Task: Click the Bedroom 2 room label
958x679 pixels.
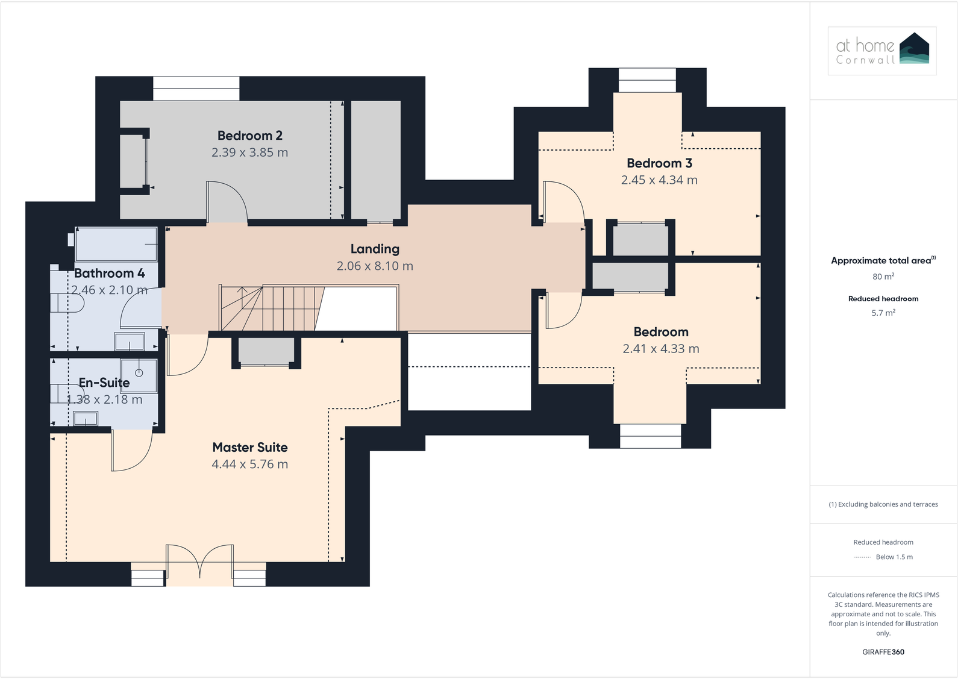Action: (249, 136)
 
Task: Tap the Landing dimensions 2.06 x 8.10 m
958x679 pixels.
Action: (375, 266)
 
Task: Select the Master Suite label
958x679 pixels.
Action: (249, 447)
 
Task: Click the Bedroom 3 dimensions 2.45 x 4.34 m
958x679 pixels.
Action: (659, 180)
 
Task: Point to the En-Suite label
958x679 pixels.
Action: (104, 383)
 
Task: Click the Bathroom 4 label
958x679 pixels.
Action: (109, 273)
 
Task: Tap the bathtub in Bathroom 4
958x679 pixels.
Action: (116, 244)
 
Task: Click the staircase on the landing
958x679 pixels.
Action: (271, 308)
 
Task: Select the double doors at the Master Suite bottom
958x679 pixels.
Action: (199, 563)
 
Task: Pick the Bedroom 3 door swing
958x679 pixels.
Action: (563, 202)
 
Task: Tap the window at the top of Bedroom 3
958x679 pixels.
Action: (647, 80)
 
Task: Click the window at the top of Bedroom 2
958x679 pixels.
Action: (196, 88)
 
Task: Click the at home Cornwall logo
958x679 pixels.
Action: (882, 51)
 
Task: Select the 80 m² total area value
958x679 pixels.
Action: (883, 277)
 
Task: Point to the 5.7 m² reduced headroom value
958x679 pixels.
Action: (883, 313)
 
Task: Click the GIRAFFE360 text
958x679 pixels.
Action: (883, 652)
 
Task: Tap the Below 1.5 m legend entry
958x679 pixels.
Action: (894, 557)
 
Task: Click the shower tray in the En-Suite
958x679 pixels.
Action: (139, 375)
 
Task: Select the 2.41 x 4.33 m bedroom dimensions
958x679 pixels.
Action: (660, 348)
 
